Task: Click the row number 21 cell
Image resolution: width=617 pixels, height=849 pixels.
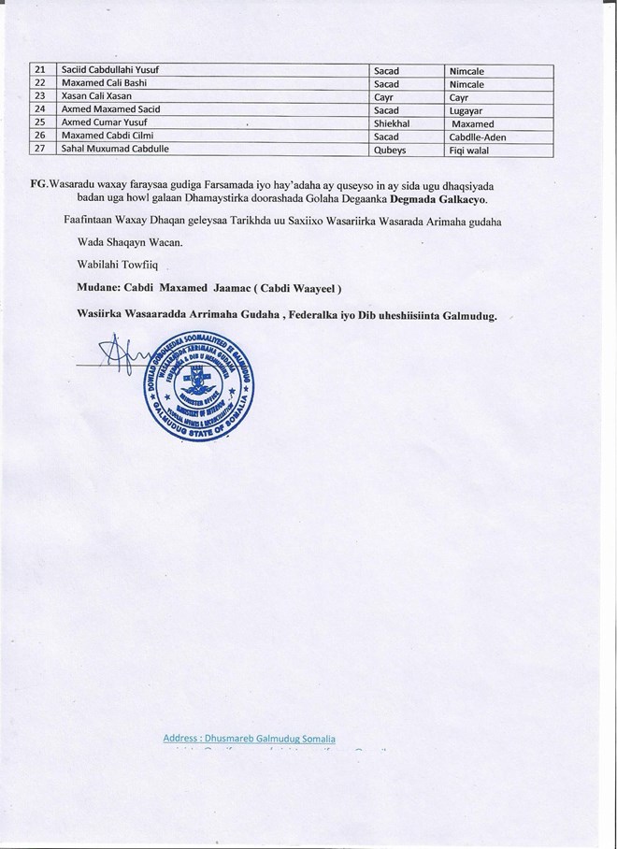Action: pos(39,70)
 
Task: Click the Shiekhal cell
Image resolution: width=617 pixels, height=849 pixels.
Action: pos(394,122)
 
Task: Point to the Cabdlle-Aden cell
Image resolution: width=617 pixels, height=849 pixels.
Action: pos(478,136)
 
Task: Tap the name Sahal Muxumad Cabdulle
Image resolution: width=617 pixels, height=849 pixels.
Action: pos(113,149)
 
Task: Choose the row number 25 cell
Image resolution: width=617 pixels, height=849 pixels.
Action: pos(39,122)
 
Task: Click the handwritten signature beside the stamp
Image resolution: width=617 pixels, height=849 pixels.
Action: pos(117,358)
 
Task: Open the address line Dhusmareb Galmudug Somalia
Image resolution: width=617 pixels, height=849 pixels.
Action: pos(249,739)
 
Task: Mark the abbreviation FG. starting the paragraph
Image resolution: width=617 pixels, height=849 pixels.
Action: pos(39,181)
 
